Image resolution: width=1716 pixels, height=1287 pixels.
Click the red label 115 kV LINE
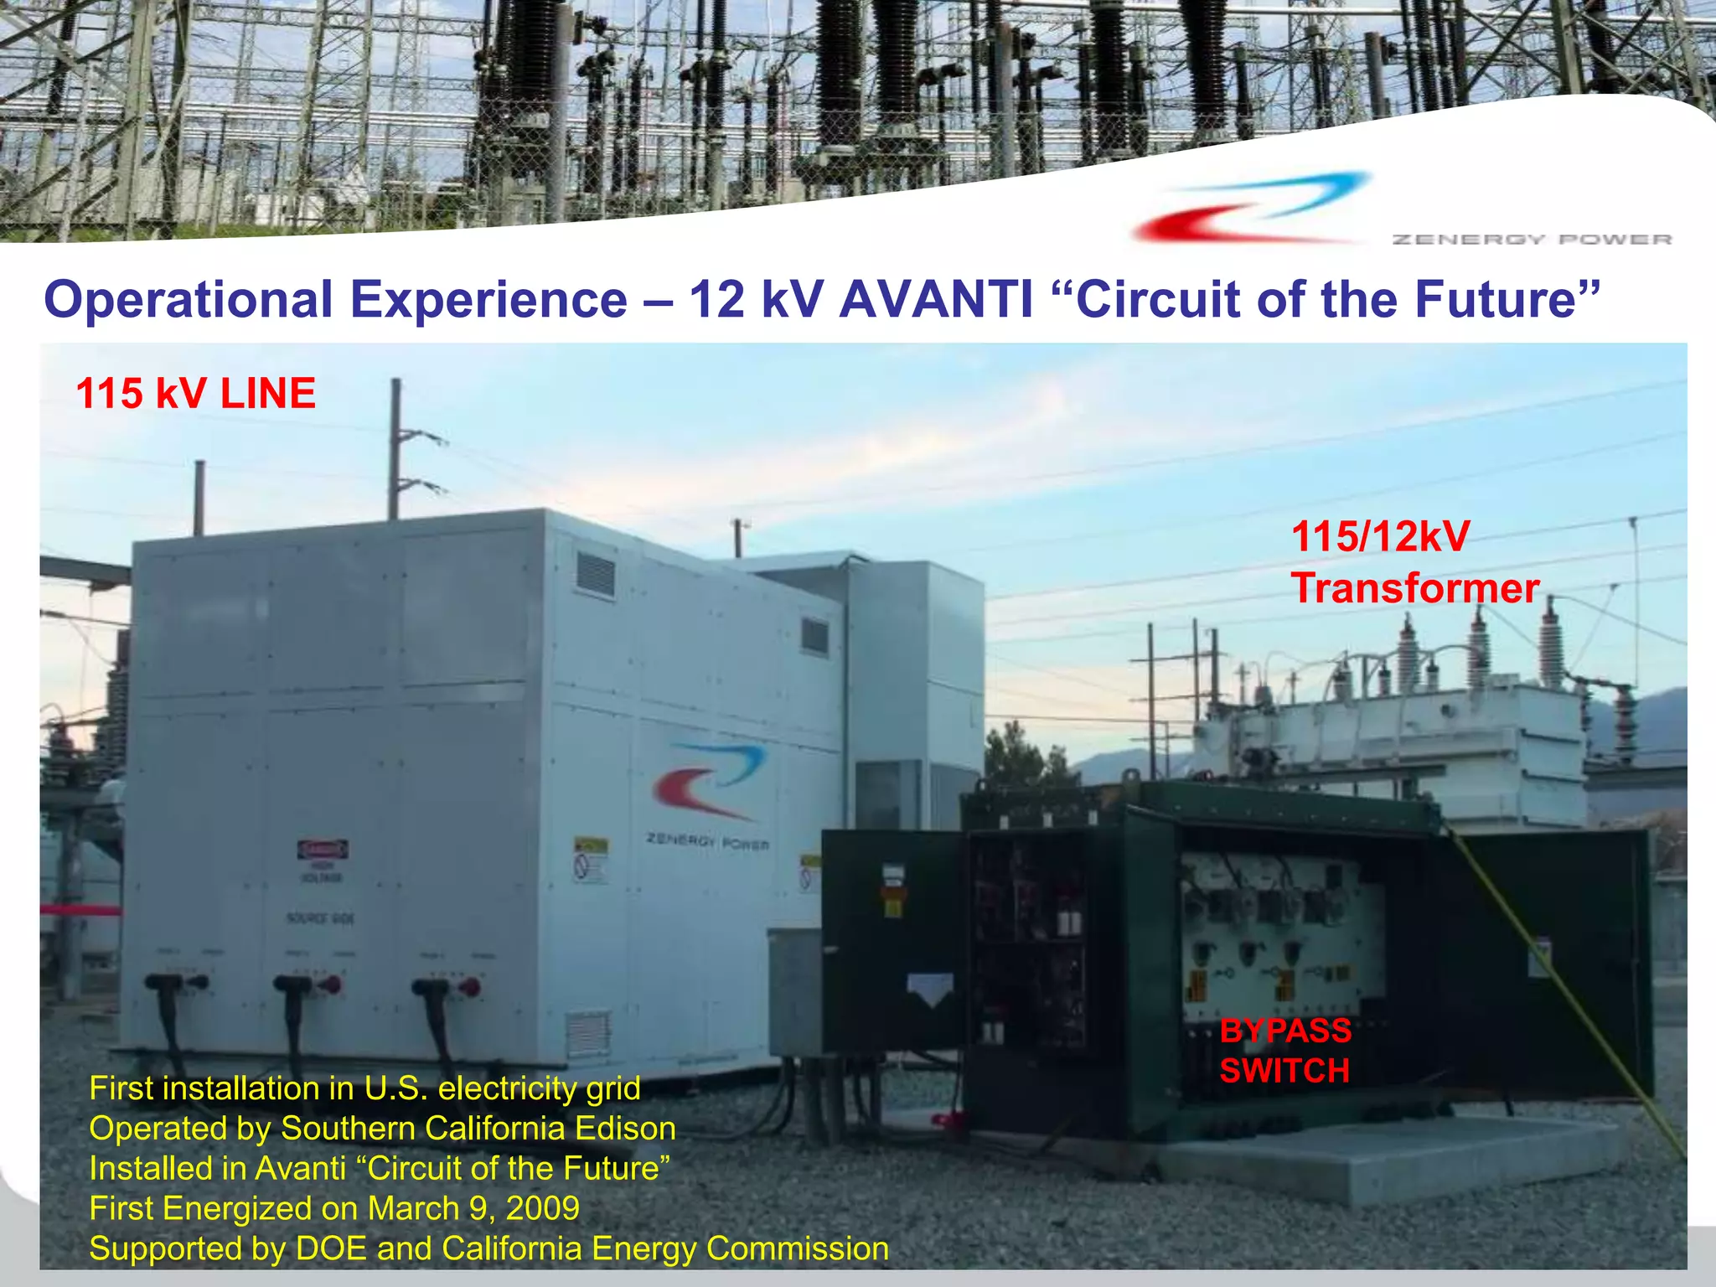tap(195, 394)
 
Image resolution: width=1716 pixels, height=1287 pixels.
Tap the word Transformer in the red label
tap(1414, 588)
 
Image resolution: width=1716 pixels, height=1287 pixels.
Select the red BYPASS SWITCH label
tap(1284, 1051)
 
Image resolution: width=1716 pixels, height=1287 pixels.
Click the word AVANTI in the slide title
tap(936, 300)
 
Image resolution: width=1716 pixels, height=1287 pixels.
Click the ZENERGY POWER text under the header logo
tap(1532, 240)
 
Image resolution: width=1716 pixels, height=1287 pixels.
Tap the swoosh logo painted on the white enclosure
tap(711, 780)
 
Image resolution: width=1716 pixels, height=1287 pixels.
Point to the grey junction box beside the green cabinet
tap(794, 989)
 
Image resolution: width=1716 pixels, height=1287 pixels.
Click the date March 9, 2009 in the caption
tap(473, 1208)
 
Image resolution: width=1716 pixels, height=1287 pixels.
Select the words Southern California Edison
tap(478, 1129)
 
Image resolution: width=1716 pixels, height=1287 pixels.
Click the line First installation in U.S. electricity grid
tap(364, 1088)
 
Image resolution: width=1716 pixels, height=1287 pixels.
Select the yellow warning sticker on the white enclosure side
tap(590, 858)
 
